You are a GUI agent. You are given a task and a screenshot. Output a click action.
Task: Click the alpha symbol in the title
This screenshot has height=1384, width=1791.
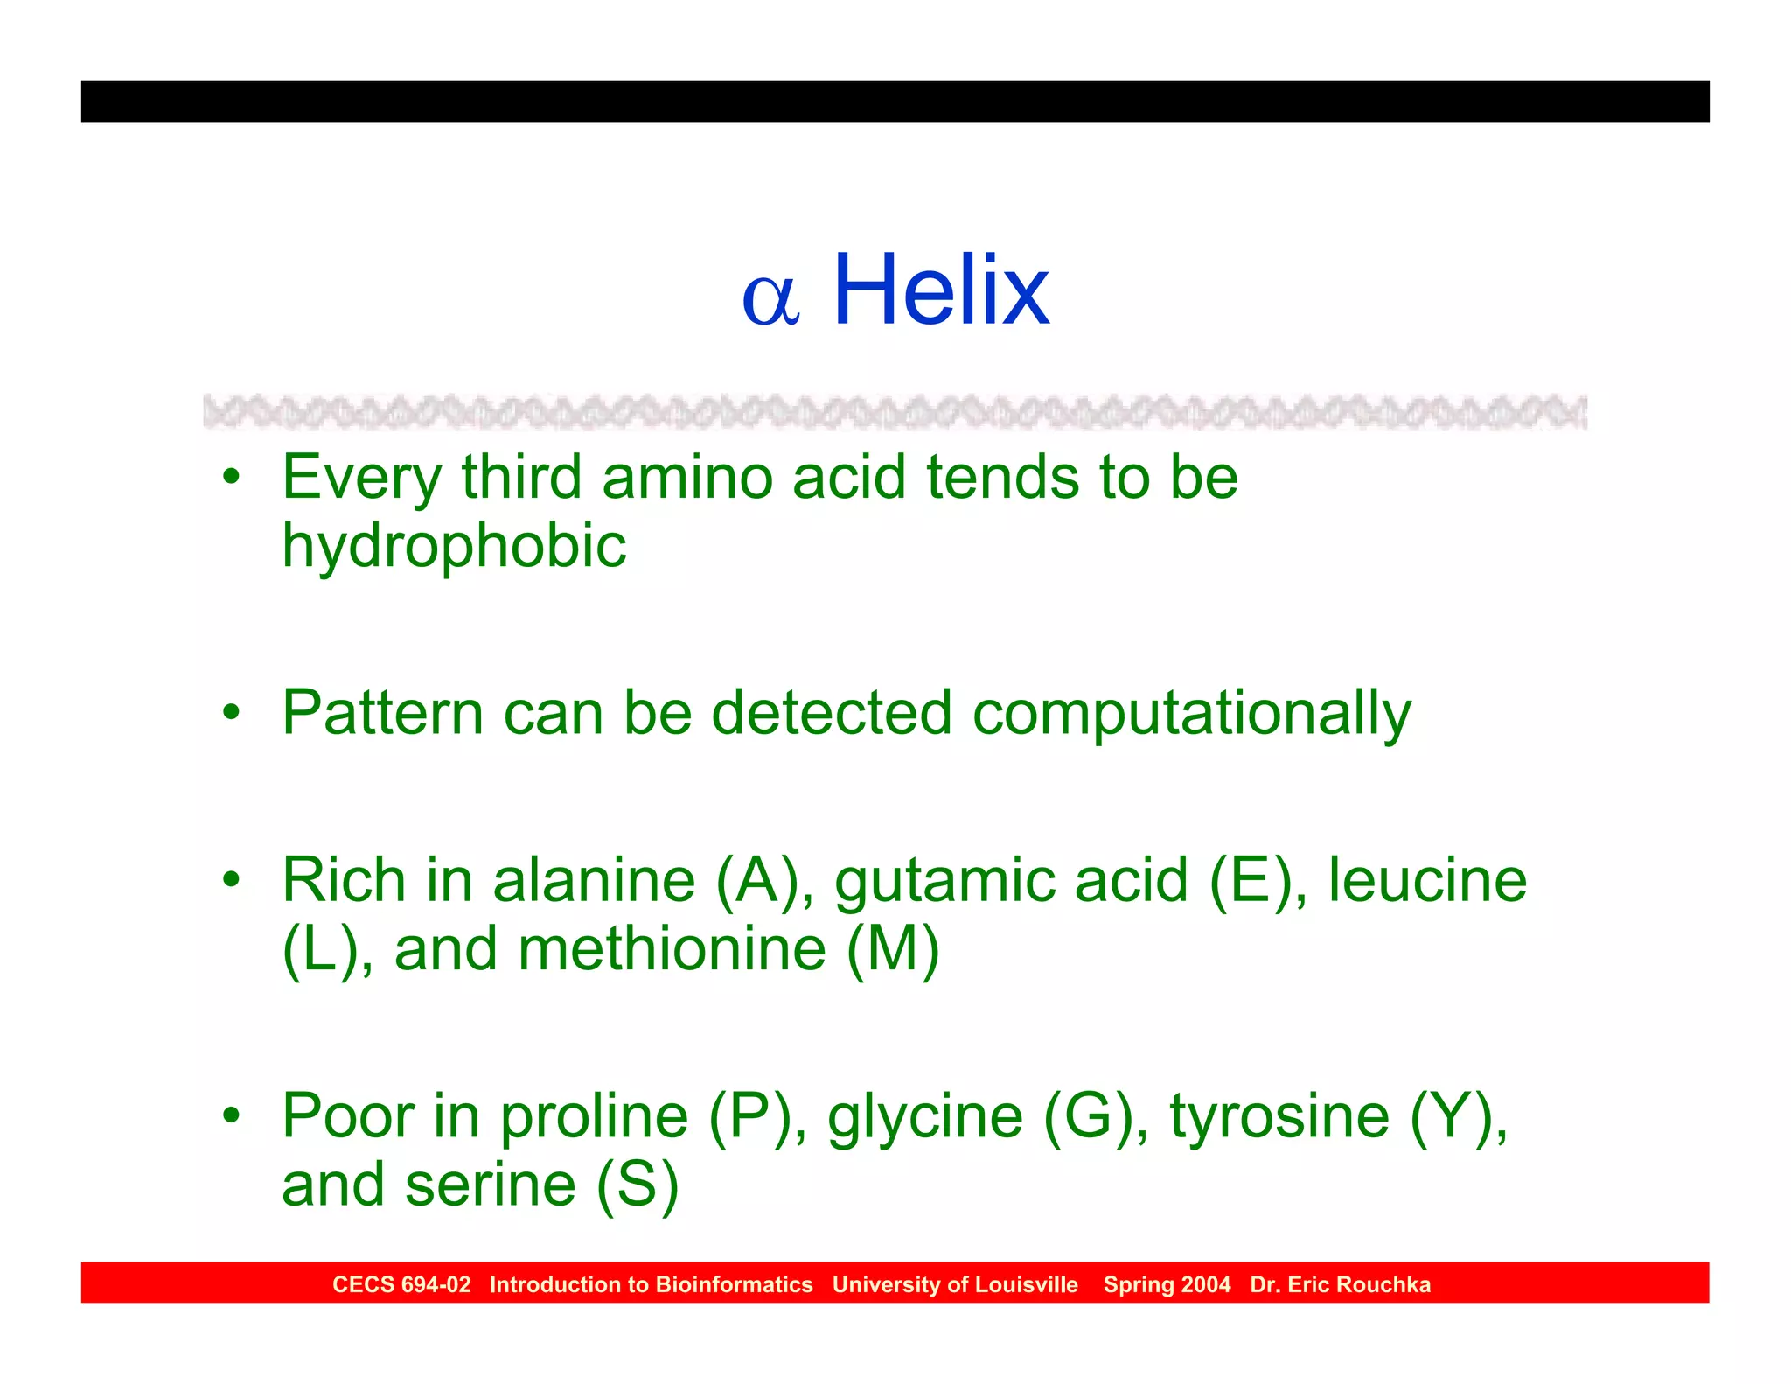tap(770, 300)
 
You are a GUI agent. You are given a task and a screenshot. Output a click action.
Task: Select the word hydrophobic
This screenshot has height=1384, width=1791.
tap(454, 546)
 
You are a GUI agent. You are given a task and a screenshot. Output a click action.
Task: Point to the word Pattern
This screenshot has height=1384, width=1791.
tap(382, 712)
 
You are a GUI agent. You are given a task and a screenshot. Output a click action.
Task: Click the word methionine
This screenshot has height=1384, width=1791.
tap(672, 949)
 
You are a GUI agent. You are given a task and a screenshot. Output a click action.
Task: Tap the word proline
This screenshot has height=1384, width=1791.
tap(594, 1117)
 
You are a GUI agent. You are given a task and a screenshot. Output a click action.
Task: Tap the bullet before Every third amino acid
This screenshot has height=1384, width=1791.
tap(231, 478)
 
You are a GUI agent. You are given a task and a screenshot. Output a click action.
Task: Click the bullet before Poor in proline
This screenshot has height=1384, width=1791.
tap(231, 1116)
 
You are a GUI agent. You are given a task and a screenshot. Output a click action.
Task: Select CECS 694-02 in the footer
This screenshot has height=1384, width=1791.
tap(401, 1284)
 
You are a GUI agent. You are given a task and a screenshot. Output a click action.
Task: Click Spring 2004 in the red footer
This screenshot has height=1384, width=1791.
tap(1167, 1284)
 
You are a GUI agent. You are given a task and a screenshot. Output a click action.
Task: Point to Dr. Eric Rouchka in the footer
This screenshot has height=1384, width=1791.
tap(1340, 1284)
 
